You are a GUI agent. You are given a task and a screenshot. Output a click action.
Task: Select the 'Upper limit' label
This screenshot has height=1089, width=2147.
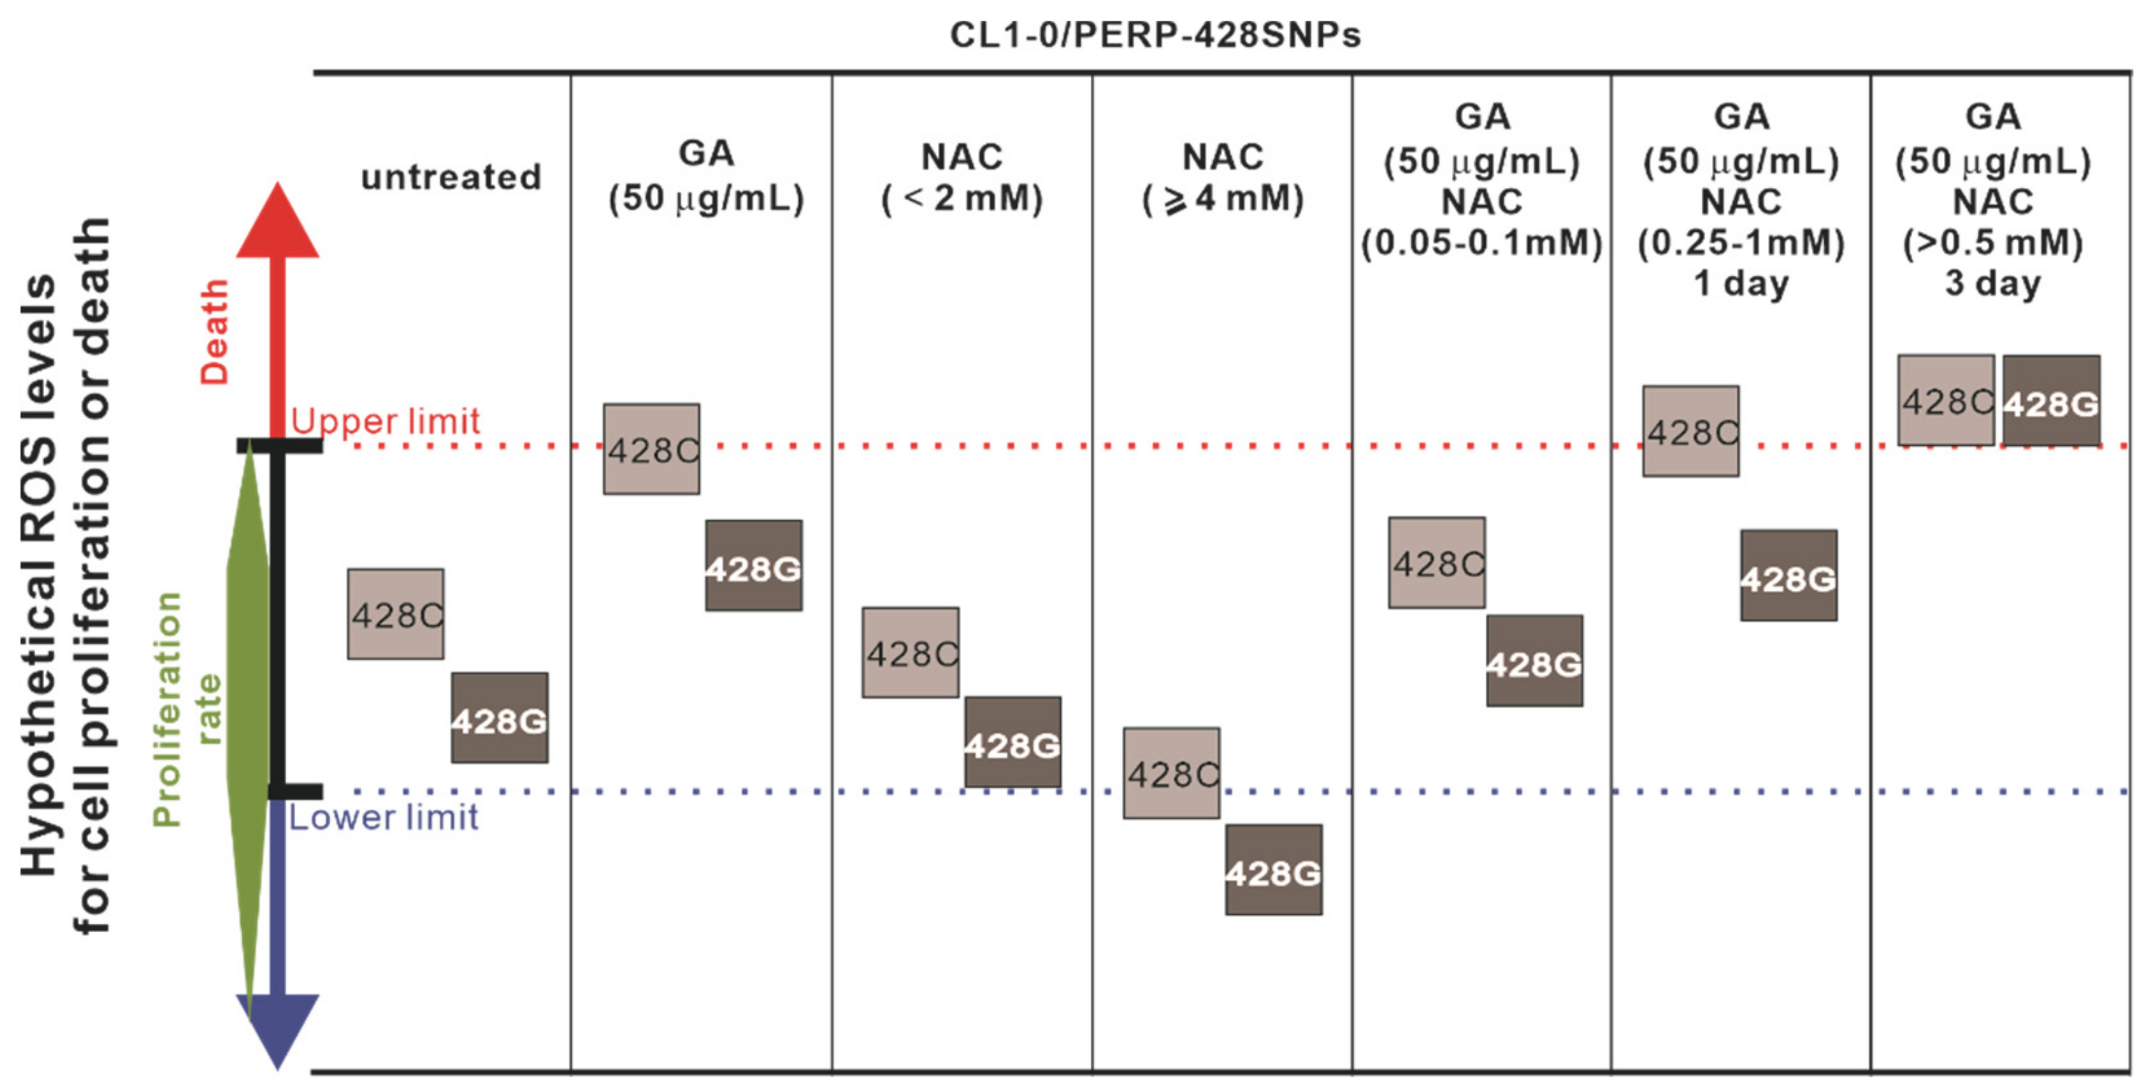[385, 421]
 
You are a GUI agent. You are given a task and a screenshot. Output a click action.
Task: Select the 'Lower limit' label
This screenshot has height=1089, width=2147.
[383, 817]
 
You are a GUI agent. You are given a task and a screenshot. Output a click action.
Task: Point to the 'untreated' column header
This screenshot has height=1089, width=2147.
[451, 177]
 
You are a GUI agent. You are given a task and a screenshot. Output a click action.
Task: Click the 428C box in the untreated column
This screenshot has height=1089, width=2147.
[396, 614]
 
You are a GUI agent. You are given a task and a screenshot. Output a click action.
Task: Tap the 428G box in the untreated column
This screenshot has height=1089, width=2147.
[499, 718]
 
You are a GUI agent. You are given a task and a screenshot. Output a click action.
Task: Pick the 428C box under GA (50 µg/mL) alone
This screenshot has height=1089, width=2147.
[652, 449]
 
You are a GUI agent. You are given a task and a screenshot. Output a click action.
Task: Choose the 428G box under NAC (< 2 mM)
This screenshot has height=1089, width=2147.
[1013, 742]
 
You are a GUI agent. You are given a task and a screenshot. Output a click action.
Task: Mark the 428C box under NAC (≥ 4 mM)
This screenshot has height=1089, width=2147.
[1171, 773]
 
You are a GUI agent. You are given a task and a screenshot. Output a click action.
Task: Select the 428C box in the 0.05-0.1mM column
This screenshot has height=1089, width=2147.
[1436, 563]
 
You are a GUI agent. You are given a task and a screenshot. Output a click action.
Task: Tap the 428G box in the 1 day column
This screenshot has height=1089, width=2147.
[1788, 576]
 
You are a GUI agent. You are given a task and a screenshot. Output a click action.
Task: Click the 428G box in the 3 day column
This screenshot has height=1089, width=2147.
[2051, 402]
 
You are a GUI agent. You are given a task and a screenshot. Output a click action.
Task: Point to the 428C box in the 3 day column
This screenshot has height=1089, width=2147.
[1945, 401]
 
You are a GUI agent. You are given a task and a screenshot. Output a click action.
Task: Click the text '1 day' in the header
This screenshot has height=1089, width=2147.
[1741, 283]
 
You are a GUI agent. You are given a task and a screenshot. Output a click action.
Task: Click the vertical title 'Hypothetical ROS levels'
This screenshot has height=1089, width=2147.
[39, 575]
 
